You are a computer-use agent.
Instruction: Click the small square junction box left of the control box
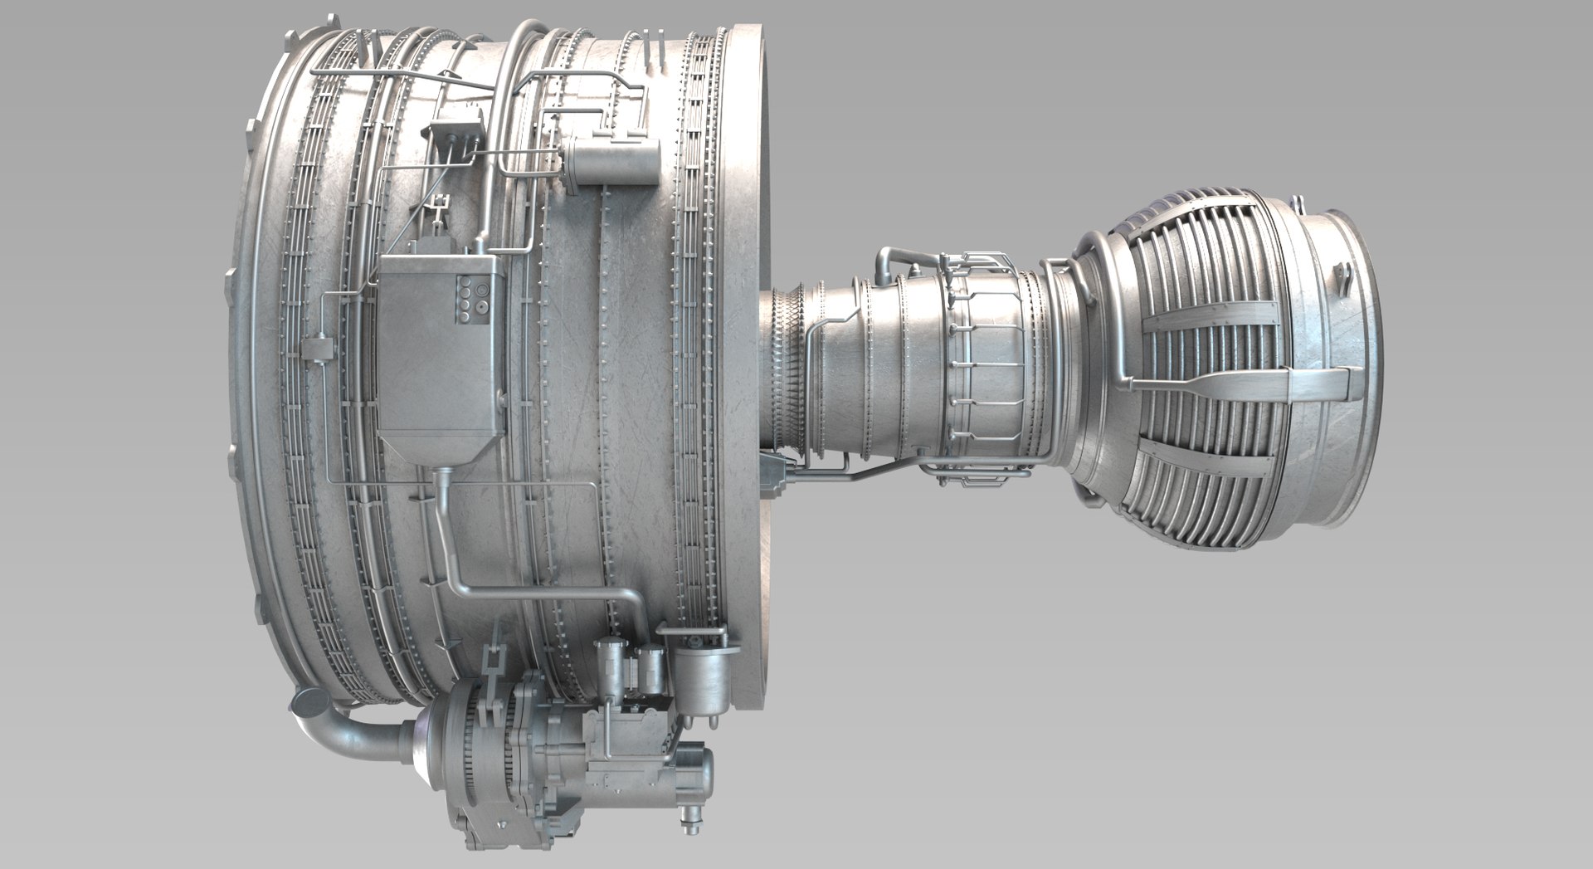[x=315, y=349]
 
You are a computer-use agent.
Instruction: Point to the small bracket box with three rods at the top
[x=457, y=133]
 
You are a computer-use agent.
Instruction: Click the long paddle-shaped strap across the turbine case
[x=1245, y=382]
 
